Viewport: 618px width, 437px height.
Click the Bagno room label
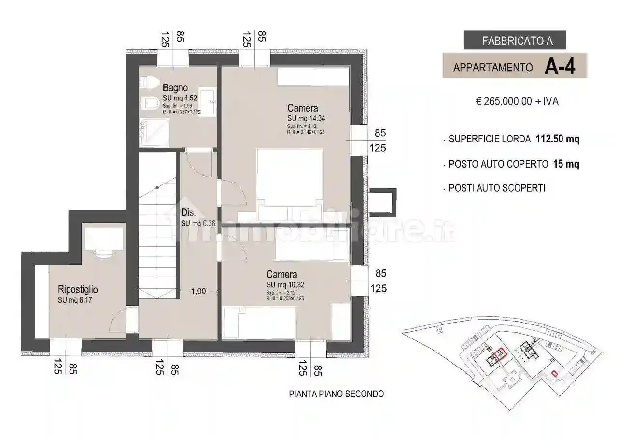click(175, 88)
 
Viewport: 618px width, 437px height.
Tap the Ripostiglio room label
click(78, 290)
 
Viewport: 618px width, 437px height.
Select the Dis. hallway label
click(188, 212)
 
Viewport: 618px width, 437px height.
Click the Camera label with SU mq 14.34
click(302, 108)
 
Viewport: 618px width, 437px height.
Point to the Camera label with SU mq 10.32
click(281, 274)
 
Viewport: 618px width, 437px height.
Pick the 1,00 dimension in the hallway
click(198, 291)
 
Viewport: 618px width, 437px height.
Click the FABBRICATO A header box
click(514, 41)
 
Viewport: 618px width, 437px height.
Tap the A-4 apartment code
click(560, 67)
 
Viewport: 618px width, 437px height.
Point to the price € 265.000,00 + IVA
click(517, 102)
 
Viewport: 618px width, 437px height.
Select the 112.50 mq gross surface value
click(558, 139)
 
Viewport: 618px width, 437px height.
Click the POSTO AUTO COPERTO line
click(514, 164)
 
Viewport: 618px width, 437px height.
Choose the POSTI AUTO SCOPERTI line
click(497, 188)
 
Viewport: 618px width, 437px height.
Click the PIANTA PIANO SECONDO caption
click(336, 394)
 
